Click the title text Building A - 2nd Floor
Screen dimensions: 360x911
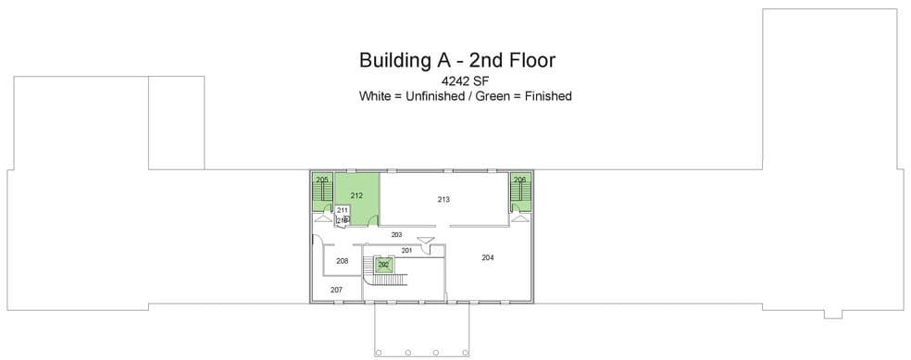[456, 61]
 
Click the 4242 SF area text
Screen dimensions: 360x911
[456, 81]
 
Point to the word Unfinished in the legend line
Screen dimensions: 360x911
[431, 95]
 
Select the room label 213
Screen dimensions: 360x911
[443, 199]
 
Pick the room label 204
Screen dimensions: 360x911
[488, 256]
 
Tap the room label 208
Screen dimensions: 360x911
[343, 261]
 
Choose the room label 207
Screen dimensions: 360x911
[336, 290]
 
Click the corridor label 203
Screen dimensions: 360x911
[397, 235]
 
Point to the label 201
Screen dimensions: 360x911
[406, 250]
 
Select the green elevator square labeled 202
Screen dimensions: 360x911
[383, 265]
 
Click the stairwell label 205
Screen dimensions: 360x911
[322, 179]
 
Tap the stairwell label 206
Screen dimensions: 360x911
[519, 179]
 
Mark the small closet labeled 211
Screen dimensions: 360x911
[342, 211]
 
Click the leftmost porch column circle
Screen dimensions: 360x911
[379, 353]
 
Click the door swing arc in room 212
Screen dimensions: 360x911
[373, 220]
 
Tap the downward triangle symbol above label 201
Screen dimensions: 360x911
[425, 242]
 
